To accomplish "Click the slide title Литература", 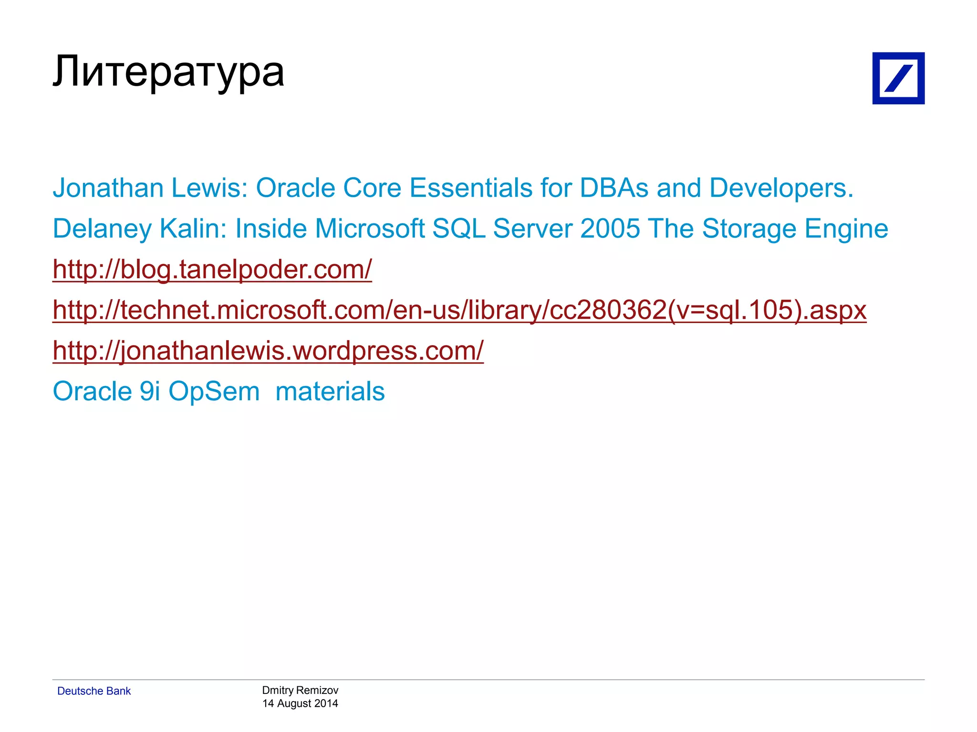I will tap(168, 72).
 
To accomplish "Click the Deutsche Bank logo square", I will tap(898, 78).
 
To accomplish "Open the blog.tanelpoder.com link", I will tap(212, 269).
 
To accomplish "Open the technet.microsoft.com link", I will tap(459, 310).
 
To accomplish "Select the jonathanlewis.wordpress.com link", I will tap(268, 351).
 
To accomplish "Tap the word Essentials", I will tap(471, 188).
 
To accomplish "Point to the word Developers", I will tap(781, 188).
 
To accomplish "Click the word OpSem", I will tap(214, 392).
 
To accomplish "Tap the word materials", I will tap(330, 392).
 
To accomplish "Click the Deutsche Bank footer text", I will tap(94, 691).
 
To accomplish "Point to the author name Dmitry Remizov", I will tap(300, 690).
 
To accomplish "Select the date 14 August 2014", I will tap(300, 703).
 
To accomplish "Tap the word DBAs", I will tap(614, 188).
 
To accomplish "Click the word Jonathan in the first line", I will tap(108, 188).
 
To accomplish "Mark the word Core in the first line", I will tap(372, 188).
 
